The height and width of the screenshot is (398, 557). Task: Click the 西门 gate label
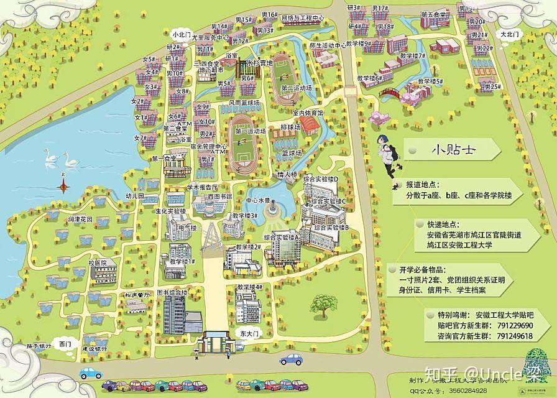(x=65, y=343)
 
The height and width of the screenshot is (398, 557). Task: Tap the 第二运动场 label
(x=296, y=88)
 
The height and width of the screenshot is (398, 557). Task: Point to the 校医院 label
(x=102, y=263)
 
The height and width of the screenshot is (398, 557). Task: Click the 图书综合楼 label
(x=172, y=292)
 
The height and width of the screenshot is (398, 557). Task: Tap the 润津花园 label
(x=81, y=220)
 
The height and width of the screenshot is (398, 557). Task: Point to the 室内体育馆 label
(x=308, y=113)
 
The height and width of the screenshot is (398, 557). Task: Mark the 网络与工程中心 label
(x=303, y=18)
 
